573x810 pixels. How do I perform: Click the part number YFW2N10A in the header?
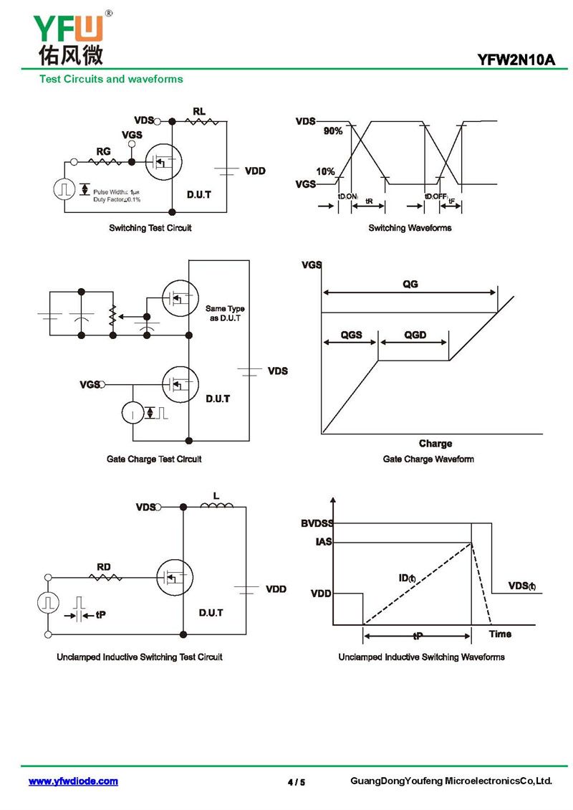click(x=517, y=60)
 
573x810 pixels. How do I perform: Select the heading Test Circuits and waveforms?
click(x=111, y=80)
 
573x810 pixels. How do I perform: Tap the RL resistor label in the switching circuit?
click(x=199, y=111)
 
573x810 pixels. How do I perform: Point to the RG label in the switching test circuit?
click(x=103, y=151)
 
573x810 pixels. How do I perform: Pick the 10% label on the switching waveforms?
click(x=326, y=171)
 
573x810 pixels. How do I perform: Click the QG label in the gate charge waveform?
click(x=410, y=284)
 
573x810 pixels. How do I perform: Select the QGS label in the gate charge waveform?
click(x=351, y=335)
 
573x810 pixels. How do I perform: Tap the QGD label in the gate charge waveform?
click(x=415, y=335)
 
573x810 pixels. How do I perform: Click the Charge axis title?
click(x=435, y=444)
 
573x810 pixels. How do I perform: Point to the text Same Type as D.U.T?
click(x=225, y=313)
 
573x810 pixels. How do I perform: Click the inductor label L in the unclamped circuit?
click(x=216, y=495)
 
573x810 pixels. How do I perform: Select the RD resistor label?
click(x=104, y=567)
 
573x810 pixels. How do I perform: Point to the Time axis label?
click(x=500, y=634)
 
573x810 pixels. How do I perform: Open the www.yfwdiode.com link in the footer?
click(x=73, y=781)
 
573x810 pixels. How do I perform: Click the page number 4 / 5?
click(x=296, y=782)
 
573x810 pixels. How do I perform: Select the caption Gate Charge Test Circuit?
click(x=154, y=459)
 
